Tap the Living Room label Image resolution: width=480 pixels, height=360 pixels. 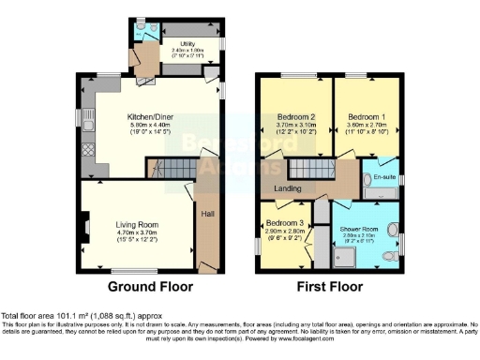tap(137, 225)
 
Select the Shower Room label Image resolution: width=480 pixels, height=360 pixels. tap(360, 229)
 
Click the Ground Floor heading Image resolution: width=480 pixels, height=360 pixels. tap(150, 285)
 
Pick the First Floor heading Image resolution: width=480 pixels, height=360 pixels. tap(332, 285)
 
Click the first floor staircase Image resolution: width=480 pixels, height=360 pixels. tap(307, 170)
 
